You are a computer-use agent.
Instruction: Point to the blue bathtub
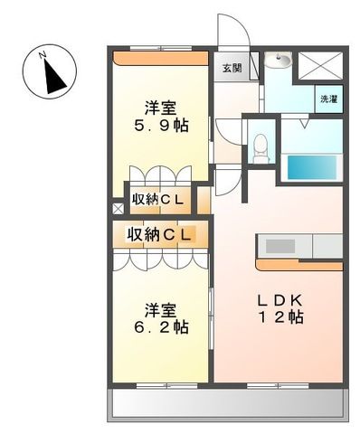click(x=310, y=167)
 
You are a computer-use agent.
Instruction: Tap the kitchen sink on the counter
click(x=279, y=245)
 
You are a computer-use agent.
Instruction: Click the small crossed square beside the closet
click(x=118, y=208)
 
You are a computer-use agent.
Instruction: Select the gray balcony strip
click(x=228, y=404)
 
